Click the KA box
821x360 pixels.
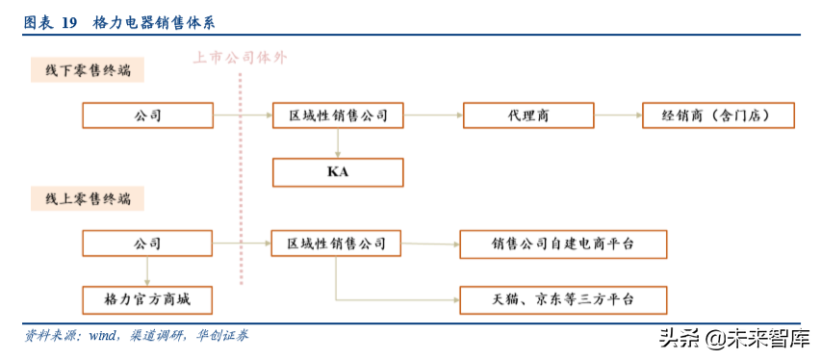[x=337, y=172]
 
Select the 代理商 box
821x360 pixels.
[x=528, y=116]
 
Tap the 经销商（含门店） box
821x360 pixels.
[x=720, y=116]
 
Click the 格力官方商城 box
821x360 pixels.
[x=146, y=299]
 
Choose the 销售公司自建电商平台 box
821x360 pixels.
[x=563, y=244]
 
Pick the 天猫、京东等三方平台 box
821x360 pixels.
[x=563, y=299]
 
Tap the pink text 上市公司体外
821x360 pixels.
[x=239, y=58]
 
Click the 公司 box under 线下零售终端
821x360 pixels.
[x=146, y=116]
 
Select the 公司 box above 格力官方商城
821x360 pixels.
[x=146, y=244]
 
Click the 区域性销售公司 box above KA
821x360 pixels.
[x=338, y=116]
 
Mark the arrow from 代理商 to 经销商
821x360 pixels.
[x=618, y=116]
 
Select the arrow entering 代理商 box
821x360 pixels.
[x=433, y=116]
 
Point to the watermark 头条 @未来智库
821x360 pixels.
[x=733, y=338]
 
